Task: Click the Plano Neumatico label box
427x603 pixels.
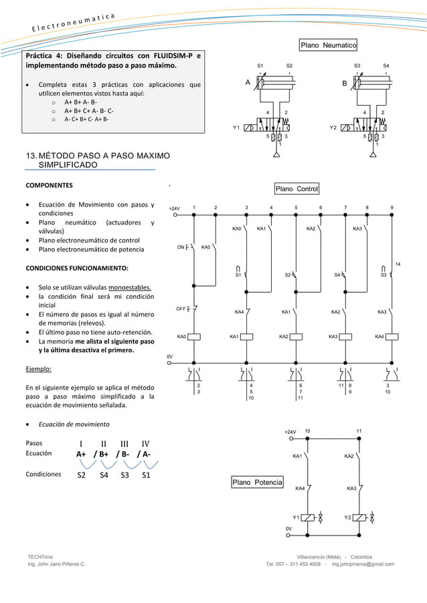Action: pyautogui.click(x=328, y=45)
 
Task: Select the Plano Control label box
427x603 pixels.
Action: pyautogui.click(x=297, y=189)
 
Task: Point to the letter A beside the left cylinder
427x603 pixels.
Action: pyautogui.click(x=248, y=84)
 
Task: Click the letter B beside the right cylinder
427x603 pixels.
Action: pyautogui.click(x=344, y=84)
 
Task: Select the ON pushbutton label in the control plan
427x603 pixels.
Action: pyautogui.click(x=181, y=247)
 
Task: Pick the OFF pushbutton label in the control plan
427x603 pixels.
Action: pyautogui.click(x=181, y=309)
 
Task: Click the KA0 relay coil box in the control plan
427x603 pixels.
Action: pyautogui.click(x=194, y=337)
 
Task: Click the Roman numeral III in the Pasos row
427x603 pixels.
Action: pyautogui.click(x=124, y=443)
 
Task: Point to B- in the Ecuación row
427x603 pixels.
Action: pyautogui.click(x=122, y=455)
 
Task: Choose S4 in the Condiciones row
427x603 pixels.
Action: pyautogui.click(x=104, y=476)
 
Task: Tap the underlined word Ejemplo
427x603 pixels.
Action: pyautogui.click(x=39, y=368)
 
